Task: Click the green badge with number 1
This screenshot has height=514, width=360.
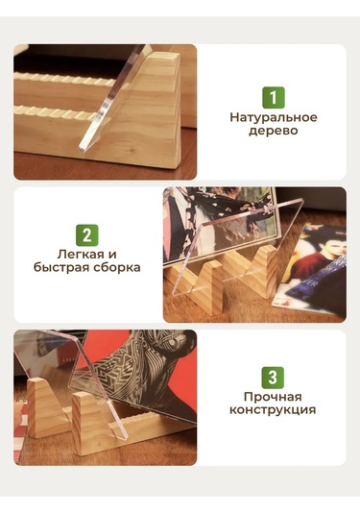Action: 274,98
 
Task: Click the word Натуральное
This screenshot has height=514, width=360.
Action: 274,118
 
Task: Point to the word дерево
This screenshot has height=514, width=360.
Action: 274,133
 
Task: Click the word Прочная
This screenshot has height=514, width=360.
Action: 274,397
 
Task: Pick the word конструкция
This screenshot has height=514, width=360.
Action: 274,411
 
